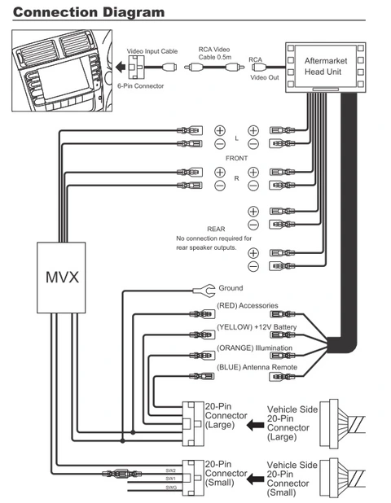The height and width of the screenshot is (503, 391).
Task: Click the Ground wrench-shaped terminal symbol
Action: (206, 289)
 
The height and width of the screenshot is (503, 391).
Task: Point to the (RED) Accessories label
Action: (248, 305)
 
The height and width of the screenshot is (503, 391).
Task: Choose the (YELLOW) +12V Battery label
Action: (253, 326)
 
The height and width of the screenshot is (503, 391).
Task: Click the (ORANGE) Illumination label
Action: (253, 348)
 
